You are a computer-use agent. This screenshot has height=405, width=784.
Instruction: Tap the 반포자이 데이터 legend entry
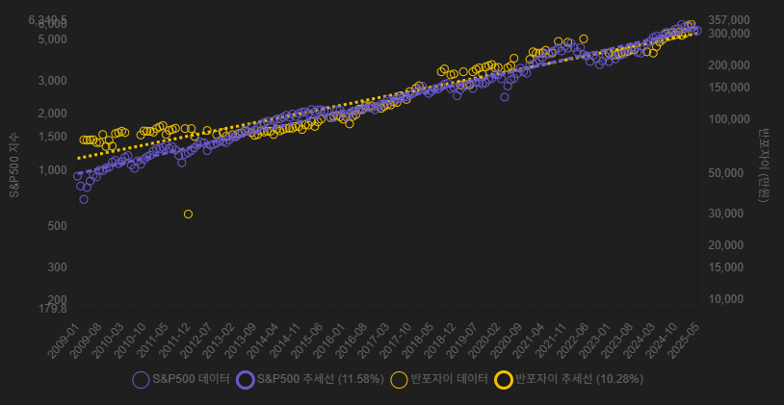click(439, 380)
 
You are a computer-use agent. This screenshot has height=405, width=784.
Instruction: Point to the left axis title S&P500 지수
click(14, 165)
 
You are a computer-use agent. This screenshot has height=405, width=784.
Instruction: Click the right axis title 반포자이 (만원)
click(764, 165)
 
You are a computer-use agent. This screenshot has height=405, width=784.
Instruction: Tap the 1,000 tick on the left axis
click(53, 170)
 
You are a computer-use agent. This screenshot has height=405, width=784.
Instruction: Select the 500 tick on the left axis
click(57, 226)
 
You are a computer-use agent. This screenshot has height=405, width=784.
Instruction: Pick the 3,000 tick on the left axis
click(53, 81)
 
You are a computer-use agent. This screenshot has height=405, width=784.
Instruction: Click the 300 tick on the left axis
click(57, 267)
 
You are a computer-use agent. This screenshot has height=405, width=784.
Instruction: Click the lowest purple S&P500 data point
click(84, 199)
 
